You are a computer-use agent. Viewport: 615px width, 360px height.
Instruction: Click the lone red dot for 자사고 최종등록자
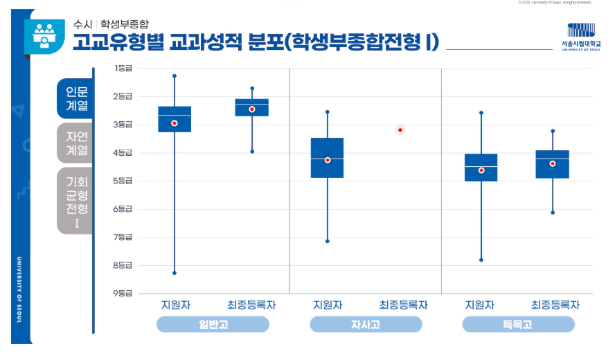[x=400, y=130]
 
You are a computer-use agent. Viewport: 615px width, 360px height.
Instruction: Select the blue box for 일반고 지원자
[x=175, y=119]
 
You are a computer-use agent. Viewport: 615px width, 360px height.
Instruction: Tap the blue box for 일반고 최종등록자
[x=252, y=107]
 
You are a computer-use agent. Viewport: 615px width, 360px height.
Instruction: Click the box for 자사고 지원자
[x=327, y=158]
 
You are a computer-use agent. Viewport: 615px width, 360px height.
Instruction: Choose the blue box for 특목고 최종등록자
[x=553, y=164]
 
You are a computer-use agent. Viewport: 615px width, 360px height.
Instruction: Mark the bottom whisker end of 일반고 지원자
[x=175, y=273]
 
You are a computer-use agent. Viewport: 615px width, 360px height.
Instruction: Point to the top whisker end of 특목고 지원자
[x=481, y=112]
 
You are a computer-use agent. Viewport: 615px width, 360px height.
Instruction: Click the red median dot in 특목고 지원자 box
[x=481, y=170]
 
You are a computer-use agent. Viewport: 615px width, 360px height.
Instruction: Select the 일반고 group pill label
[x=213, y=324]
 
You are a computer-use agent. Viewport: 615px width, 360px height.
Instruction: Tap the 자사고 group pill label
[x=365, y=324]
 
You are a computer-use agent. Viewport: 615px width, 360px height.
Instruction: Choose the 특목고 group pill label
[x=518, y=324]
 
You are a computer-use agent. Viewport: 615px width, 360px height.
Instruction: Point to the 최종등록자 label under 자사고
[x=403, y=305]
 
